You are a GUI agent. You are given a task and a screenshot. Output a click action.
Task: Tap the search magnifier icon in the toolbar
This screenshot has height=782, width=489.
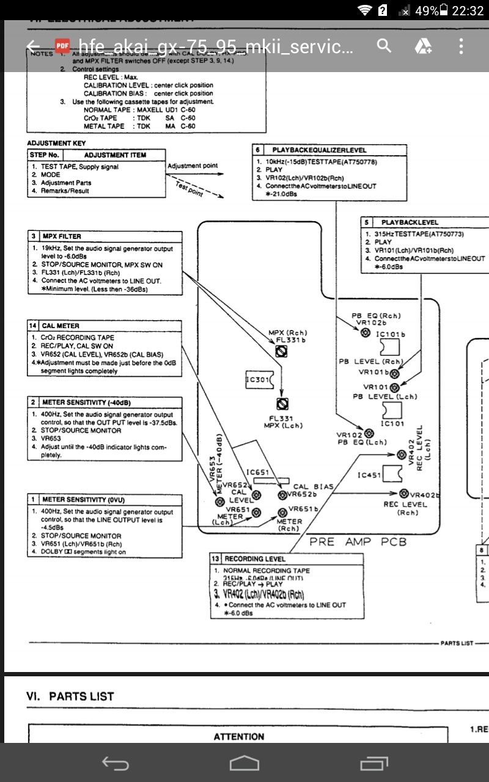[x=384, y=46]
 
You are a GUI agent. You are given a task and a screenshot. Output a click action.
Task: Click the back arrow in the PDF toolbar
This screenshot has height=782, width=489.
[x=33, y=46]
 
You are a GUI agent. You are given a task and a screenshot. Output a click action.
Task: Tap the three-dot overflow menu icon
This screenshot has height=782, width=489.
[x=461, y=46]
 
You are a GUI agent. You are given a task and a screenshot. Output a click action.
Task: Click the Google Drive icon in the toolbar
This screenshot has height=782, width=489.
[x=423, y=46]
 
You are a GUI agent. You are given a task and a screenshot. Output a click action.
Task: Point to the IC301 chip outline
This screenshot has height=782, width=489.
[x=257, y=380]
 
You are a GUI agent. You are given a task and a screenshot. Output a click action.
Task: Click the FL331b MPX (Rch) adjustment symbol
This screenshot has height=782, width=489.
[x=282, y=352]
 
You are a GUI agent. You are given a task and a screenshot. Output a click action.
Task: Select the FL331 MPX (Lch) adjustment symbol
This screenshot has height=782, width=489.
[x=282, y=404]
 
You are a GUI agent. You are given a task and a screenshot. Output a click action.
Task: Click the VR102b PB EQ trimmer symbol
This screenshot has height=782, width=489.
[x=365, y=332]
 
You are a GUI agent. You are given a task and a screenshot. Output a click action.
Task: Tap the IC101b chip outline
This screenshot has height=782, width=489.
[x=389, y=346]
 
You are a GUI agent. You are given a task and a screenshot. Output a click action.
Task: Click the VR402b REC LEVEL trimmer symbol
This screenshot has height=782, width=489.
[x=404, y=493]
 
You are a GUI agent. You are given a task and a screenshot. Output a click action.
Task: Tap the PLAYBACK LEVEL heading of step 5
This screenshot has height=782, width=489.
[x=410, y=222]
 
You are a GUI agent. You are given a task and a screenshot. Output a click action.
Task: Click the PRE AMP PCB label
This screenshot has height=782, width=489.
[x=358, y=541]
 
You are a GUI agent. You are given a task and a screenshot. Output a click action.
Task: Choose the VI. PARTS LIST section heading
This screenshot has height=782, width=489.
[x=70, y=696]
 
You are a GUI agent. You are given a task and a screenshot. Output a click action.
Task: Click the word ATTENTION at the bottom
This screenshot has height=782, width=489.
[x=239, y=736]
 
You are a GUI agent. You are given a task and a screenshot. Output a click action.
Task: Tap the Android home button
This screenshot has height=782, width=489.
[x=244, y=763]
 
